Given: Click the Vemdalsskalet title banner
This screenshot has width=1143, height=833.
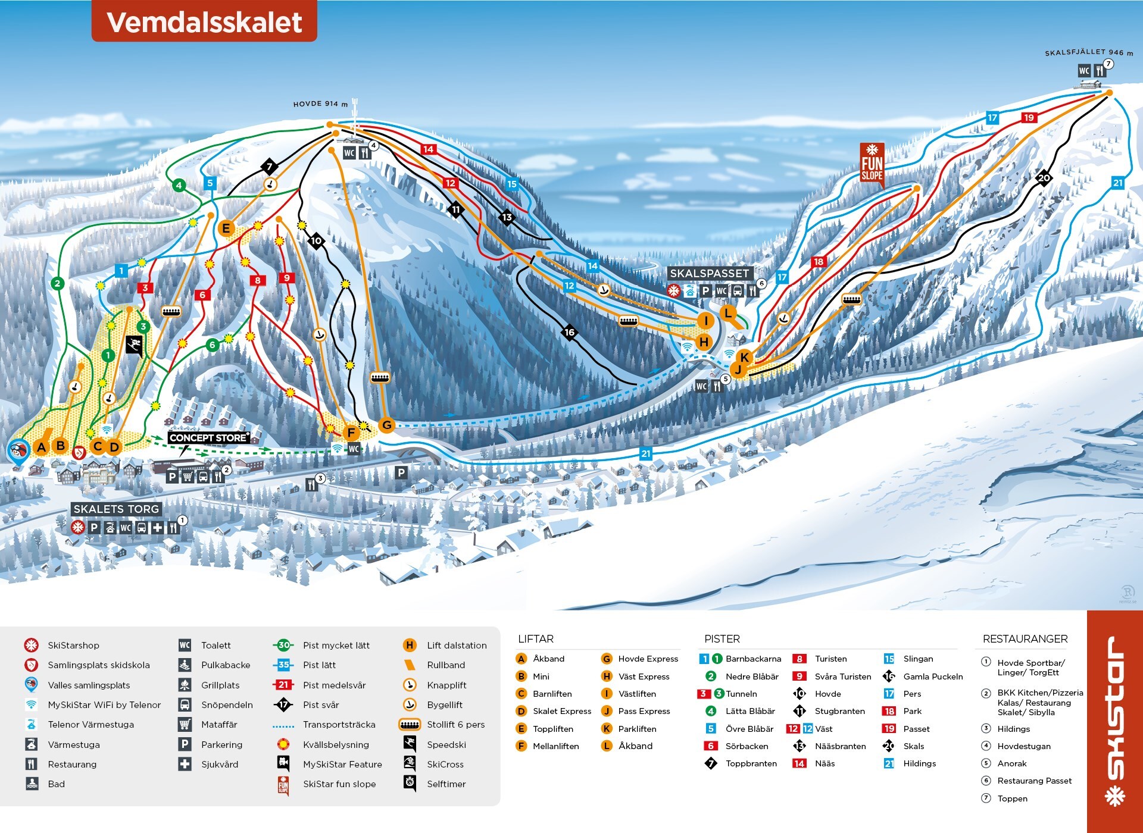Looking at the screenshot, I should click(x=204, y=22).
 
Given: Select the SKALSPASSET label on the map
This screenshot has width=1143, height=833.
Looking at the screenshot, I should click(x=709, y=273).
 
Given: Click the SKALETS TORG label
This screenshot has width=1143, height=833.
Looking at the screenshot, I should click(x=116, y=509).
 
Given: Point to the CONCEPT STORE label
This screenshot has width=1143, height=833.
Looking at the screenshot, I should click(x=208, y=438).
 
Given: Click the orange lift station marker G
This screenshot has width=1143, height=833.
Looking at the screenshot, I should click(x=387, y=425).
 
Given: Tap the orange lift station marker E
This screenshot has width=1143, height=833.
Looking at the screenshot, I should click(x=226, y=228).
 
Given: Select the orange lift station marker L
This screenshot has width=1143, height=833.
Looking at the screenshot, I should click(x=727, y=312).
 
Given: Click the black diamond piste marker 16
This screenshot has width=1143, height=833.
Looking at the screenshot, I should click(x=570, y=333).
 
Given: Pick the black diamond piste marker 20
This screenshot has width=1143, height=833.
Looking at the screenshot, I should click(x=1044, y=178).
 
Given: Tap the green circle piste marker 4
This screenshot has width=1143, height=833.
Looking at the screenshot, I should click(x=179, y=185).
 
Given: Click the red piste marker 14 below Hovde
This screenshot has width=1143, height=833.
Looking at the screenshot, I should click(x=429, y=149).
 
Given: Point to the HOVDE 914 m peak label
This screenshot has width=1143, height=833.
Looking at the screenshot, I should click(x=320, y=104).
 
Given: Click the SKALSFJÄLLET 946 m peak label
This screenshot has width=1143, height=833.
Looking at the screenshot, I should click(x=1088, y=53).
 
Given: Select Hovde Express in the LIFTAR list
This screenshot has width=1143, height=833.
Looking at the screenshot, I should click(x=648, y=659).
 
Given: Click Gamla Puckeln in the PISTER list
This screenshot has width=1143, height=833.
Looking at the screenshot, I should click(x=932, y=677).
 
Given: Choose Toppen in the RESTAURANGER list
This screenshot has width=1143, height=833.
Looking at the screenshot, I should click(x=1012, y=798).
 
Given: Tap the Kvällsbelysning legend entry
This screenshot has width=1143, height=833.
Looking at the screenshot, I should click(x=336, y=745).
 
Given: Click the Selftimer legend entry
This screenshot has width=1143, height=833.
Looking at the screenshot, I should click(x=446, y=784).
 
